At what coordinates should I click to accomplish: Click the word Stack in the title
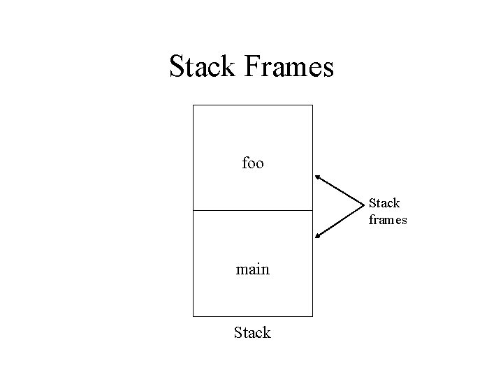tap(204, 67)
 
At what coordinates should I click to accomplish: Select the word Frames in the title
tap(290, 67)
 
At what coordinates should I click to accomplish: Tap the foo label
tap(252, 163)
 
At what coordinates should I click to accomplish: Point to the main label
tap(252, 269)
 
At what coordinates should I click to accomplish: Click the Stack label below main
tap(252, 332)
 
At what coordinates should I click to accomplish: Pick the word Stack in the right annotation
tap(384, 203)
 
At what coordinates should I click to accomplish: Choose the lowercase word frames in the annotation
tap(387, 220)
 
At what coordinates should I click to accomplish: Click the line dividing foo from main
tap(252, 210)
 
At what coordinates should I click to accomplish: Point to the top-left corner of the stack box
tap(193, 105)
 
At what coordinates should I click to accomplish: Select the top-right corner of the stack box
tap(312, 105)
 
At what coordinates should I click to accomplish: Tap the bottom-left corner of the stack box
tap(193, 316)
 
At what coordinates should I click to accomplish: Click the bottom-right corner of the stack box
tap(312, 316)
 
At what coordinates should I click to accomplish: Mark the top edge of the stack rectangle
tap(252, 105)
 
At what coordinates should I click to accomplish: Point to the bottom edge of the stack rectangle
tap(252, 316)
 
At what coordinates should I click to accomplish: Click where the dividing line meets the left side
tap(193, 210)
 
